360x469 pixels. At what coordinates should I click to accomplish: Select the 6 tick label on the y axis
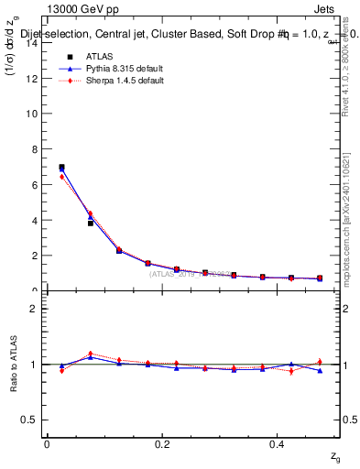click(x=37, y=185)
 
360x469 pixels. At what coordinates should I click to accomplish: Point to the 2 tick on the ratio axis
click(x=37, y=309)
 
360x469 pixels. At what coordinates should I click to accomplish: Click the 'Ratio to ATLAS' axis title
click(x=13, y=365)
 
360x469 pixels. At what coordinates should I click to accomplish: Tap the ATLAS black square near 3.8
click(x=90, y=223)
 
